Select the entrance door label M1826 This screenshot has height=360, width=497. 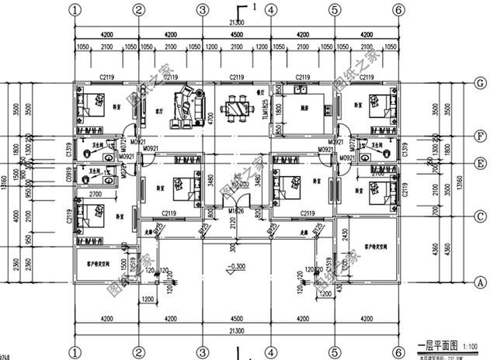[x=237, y=211]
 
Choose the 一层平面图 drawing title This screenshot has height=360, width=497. [x=436, y=346]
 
